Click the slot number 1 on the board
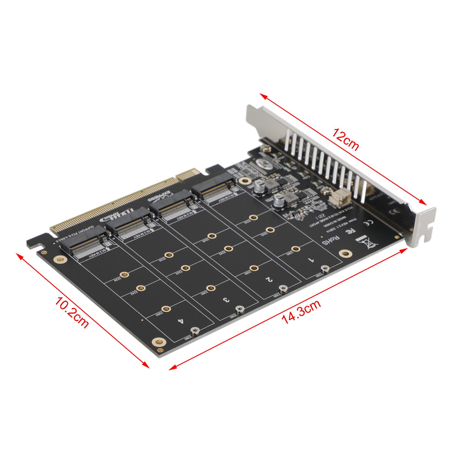(x=311, y=260)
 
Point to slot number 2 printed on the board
(x=269, y=279)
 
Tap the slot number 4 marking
(x=181, y=321)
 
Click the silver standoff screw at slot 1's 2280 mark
(x=326, y=269)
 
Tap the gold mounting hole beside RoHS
(x=346, y=254)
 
